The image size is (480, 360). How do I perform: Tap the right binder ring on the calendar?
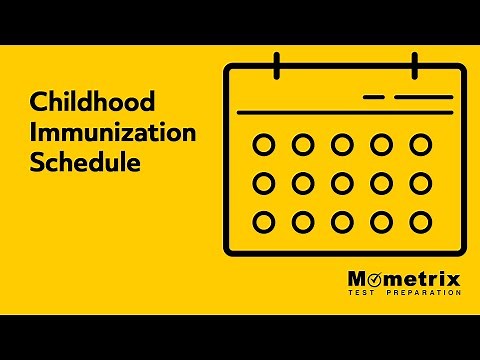pos(413,65)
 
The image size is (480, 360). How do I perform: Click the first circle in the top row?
pos(264,146)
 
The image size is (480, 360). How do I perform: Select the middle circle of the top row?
pos(342,146)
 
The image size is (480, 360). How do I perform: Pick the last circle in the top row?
pos(420,146)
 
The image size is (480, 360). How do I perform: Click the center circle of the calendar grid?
pos(342,184)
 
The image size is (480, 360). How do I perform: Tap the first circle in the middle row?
pos(264,184)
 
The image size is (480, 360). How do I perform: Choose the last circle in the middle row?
pos(420,184)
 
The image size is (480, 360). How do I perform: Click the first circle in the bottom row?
pos(264,222)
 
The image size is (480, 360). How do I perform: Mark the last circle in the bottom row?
pos(420,222)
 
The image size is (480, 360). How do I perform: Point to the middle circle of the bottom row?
pos(342,222)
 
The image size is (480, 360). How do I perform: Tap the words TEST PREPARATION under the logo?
pos(405,293)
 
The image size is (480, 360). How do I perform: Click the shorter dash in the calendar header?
pos(373,97)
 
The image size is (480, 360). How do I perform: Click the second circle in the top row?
pos(303,146)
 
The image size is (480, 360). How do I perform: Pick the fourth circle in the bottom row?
pos(381,222)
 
